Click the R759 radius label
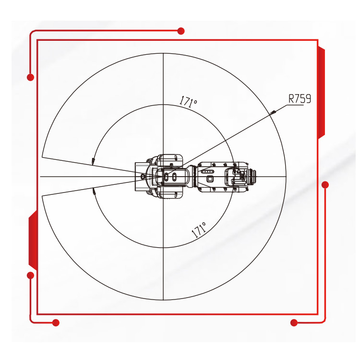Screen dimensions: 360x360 tap(300, 99)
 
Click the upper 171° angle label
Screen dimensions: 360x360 tap(188, 101)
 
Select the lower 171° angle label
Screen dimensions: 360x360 tap(199, 230)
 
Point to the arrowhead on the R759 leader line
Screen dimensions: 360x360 tap(273, 112)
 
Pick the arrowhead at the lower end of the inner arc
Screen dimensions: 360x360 tap(94, 191)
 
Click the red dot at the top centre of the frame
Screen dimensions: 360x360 tap(181, 31)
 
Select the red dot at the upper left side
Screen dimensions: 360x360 tap(31, 77)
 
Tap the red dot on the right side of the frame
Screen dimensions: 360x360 tap(325, 185)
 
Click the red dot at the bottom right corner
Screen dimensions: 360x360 tap(294, 323)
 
